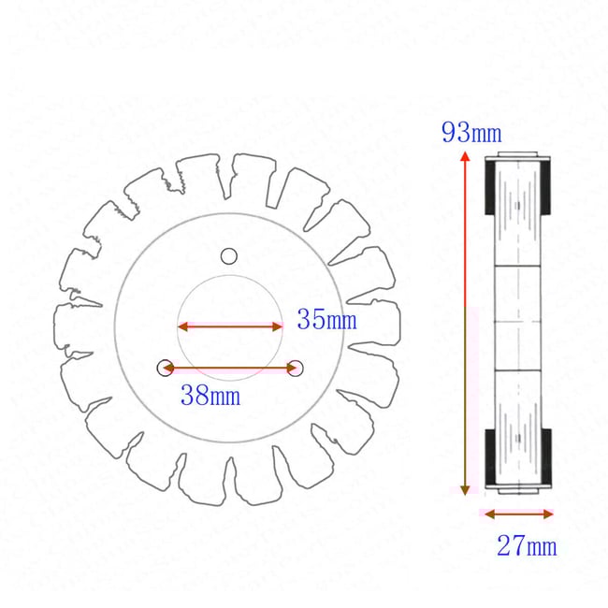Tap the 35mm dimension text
[326, 320]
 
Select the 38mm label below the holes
[210, 396]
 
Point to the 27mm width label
[526, 545]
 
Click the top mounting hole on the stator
[229, 256]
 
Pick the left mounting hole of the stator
[165, 367]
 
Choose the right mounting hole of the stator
[296, 367]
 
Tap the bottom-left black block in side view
[489, 460]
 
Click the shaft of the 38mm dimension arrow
[229, 369]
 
